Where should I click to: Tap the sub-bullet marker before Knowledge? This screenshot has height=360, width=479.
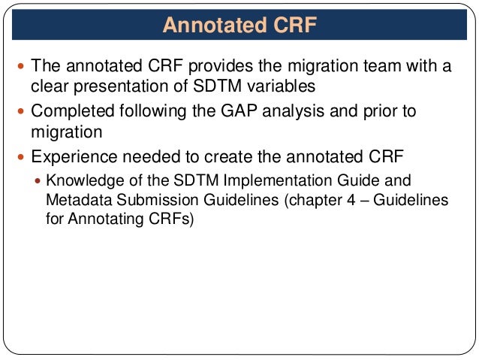coord(39,180)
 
